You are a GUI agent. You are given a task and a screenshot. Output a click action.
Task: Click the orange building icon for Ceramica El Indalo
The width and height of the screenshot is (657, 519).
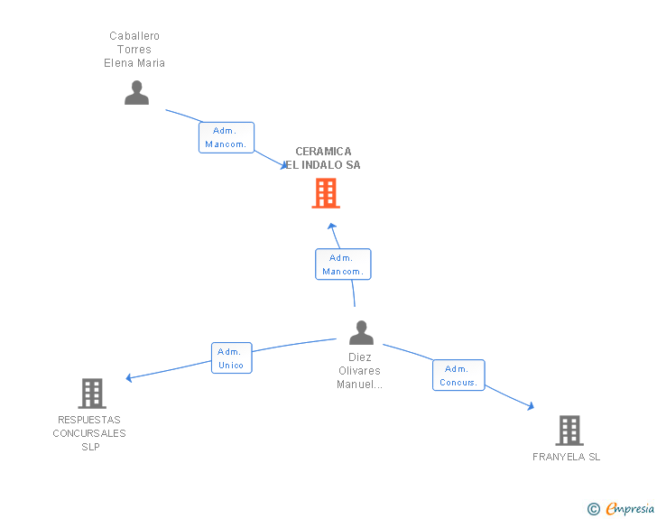(326, 193)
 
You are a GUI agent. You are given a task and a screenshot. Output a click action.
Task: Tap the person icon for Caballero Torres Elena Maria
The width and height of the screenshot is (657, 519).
(136, 93)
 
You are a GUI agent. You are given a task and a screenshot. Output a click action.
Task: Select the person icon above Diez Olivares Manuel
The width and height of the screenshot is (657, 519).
(361, 332)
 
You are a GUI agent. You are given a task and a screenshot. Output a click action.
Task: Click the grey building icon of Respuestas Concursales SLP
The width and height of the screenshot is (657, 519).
(92, 394)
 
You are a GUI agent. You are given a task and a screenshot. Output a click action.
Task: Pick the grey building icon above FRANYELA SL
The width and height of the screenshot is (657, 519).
(569, 431)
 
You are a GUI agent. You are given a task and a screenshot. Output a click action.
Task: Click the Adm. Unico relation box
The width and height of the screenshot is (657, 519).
(232, 358)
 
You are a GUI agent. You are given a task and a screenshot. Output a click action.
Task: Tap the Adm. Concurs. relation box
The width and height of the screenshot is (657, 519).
(458, 375)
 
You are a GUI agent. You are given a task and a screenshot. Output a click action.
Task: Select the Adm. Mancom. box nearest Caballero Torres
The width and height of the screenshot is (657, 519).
(227, 137)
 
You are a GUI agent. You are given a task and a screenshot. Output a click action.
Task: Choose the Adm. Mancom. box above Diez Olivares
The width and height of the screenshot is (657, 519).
(343, 264)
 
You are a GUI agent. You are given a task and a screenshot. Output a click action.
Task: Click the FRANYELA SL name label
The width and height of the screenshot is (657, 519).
(566, 457)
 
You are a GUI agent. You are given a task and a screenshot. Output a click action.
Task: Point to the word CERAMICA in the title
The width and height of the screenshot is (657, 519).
(323, 152)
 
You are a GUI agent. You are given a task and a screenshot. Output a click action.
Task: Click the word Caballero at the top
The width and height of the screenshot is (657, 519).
(134, 36)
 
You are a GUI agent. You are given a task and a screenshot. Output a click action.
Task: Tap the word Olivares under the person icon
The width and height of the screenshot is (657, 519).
(359, 371)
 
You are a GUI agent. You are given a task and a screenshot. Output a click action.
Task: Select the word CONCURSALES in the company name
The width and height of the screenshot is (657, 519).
(89, 433)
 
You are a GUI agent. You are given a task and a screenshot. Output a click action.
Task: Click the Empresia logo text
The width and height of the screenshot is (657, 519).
(630, 508)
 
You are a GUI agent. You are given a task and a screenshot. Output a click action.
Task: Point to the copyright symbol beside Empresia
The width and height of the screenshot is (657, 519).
(594, 509)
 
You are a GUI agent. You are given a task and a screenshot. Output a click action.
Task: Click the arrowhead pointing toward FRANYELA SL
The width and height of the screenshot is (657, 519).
(531, 406)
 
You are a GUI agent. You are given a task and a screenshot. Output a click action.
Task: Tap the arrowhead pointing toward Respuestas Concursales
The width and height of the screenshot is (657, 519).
(129, 377)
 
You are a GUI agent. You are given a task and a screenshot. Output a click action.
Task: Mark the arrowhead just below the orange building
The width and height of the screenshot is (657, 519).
(332, 227)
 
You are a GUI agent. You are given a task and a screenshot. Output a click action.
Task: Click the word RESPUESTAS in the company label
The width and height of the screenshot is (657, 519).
(89, 420)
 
